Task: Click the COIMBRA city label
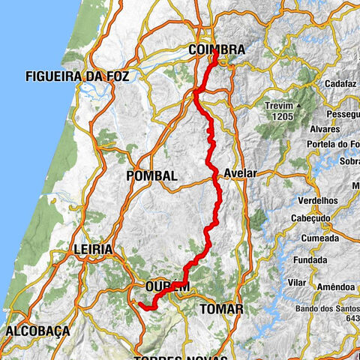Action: coord(216,49)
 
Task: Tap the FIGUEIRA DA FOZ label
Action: coord(77,76)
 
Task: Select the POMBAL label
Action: coord(152,175)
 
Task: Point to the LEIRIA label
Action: coord(93,249)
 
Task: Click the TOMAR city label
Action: coord(221,309)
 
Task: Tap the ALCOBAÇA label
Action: coord(37,331)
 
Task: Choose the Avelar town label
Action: coord(240,173)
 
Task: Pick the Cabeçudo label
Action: coord(310,218)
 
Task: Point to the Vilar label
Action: coord(297,283)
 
